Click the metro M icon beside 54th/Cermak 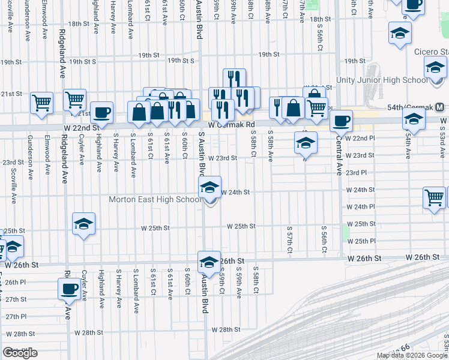[x=440, y=107]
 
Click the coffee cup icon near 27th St [x=69, y=289]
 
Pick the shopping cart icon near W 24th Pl [x=434, y=197]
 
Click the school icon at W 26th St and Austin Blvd [x=209, y=262]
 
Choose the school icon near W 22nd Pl [x=306, y=143]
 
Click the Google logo [x=20, y=353]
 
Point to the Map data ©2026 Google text [x=412, y=355]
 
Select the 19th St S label [x=82, y=61]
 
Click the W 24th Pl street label [x=360, y=206]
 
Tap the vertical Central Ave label [x=339, y=158]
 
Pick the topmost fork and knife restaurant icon [x=234, y=78]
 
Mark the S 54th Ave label [x=408, y=146]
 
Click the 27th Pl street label [x=16, y=316]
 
